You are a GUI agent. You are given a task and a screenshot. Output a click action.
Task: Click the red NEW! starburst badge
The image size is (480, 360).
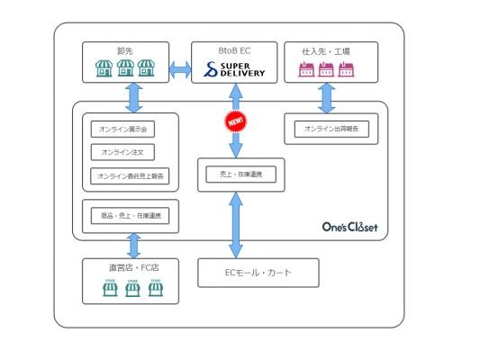236,121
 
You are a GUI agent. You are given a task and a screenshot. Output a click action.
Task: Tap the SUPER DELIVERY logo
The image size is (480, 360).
234,69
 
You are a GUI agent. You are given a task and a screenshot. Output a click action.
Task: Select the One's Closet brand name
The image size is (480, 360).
350,227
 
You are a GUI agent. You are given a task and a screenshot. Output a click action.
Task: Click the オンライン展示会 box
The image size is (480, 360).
122,129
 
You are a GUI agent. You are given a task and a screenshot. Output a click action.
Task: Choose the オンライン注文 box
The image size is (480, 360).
122,152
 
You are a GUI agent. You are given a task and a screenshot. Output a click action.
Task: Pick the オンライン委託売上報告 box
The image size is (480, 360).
130,175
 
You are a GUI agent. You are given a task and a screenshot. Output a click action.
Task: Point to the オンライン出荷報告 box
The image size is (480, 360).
331,129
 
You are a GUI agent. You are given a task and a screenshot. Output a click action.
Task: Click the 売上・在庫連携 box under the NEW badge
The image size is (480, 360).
241,175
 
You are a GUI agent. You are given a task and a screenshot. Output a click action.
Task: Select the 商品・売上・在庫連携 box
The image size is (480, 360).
130,216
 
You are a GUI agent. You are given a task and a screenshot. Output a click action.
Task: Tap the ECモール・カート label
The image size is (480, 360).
258,272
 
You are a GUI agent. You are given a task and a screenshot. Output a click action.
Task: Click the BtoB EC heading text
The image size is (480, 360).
234,50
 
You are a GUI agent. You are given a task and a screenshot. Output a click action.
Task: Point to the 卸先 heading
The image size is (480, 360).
125,51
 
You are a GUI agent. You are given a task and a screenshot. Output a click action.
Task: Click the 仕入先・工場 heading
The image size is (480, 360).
326,51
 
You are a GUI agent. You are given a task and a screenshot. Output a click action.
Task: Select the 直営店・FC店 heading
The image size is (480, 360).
134,267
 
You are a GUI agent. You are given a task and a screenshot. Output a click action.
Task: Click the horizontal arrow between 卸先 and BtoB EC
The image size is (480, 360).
180,69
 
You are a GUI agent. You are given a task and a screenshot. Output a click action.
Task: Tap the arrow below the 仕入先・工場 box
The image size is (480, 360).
327,98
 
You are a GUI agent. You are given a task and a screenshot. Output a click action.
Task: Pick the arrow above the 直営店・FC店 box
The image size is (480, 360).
134,246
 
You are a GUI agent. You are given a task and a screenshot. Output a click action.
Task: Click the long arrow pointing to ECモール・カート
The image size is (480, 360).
236,225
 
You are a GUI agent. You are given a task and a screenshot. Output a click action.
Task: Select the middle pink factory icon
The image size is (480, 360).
326,69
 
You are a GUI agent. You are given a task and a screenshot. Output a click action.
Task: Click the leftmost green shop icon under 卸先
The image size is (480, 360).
104,68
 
